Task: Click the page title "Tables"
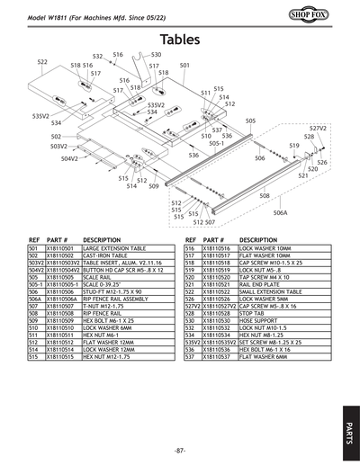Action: tap(180, 40)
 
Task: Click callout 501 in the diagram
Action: tap(184, 66)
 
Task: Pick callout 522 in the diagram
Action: tap(42, 62)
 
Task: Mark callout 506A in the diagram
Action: tap(280, 213)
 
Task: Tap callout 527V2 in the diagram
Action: tap(318, 129)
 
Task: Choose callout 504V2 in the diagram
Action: tap(70, 158)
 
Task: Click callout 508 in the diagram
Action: tap(265, 195)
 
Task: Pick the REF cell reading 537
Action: tap(190, 357)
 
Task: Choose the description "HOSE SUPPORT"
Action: tap(256, 321)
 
